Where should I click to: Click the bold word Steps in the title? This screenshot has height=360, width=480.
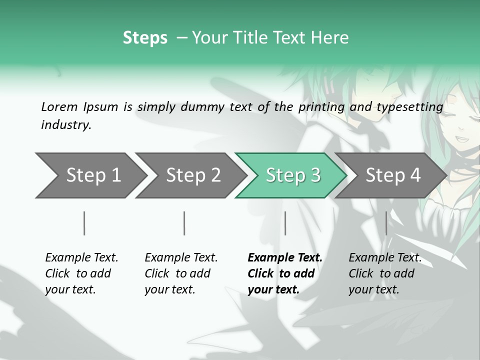tap(145, 38)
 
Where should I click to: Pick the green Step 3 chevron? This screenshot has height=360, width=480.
tap(293, 175)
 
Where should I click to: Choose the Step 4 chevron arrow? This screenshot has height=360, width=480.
tap(393, 175)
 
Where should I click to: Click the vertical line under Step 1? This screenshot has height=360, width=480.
tap(84, 223)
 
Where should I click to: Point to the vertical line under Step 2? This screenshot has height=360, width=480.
tap(184, 223)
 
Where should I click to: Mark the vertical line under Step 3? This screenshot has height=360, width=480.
tap(285, 223)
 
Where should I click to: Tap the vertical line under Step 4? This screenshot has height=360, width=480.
tap(386, 223)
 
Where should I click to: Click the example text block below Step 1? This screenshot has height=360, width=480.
tap(81, 273)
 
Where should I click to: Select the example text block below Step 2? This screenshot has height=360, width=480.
tap(181, 273)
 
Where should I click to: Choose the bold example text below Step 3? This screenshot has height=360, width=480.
tap(285, 273)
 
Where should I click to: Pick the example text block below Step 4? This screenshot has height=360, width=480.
tap(385, 273)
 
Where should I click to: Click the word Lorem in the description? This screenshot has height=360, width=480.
tap(59, 106)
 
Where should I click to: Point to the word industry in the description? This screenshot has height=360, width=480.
tap(66, 125)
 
